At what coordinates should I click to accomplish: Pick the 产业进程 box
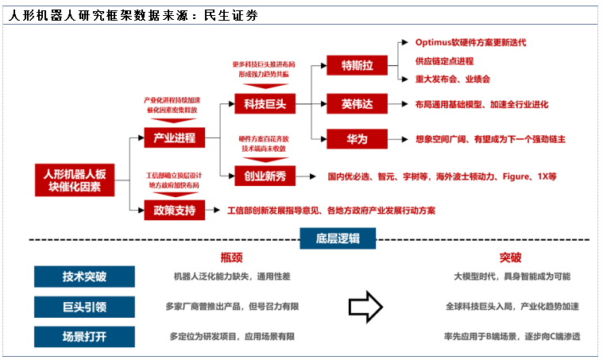[169, 137]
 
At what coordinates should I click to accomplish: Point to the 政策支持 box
[169, 211]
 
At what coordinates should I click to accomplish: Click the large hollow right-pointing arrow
[366, 306]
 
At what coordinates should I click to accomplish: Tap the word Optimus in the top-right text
[435, 42]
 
